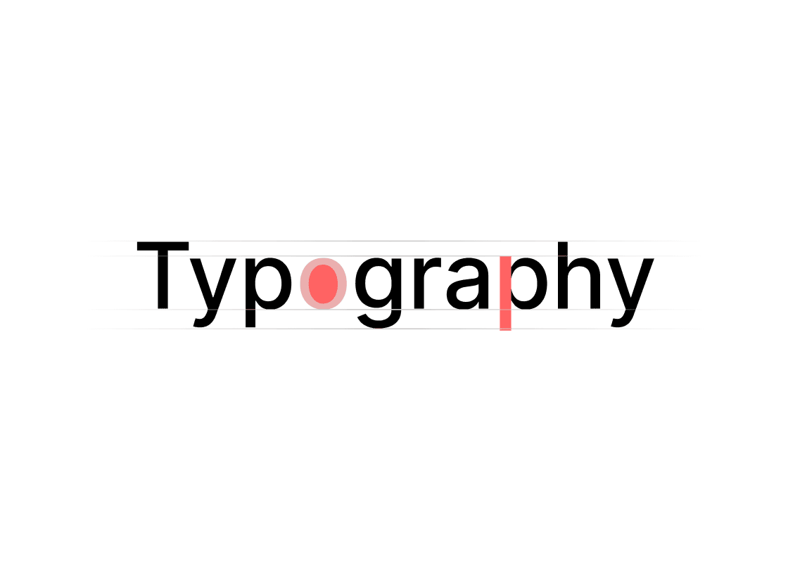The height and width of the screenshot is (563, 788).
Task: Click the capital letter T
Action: click(163, 275)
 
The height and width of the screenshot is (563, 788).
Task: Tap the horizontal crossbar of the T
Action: click(163, 246)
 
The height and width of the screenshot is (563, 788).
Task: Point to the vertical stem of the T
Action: click(163, 280)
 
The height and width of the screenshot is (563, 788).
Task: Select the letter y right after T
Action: click(212, 293)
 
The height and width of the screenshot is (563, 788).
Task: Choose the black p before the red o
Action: click(268, 293)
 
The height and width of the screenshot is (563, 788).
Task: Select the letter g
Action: click(379, 293)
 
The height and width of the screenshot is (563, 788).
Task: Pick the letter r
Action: click(427, 283)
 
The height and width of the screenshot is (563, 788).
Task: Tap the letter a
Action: click(468, 284)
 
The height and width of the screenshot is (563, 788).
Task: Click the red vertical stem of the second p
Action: click(506, 293)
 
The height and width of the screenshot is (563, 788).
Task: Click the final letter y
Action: click(631, 293)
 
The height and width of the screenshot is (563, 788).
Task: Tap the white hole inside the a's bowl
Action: click(467, 295)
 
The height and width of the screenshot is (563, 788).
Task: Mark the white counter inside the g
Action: click(379, 283)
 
